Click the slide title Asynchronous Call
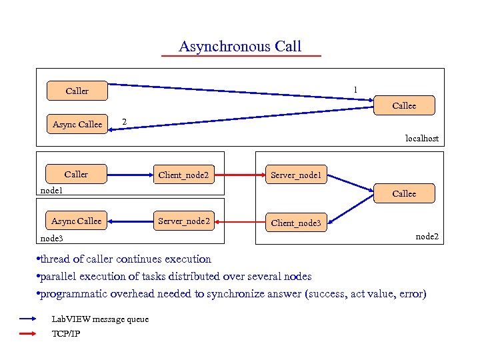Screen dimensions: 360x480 click(x=240, y=47)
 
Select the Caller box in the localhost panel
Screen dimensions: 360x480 click(x=77, y=91)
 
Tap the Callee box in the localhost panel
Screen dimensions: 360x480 click(x=404, y=105)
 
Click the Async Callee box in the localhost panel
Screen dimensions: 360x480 click(x=77, y=124)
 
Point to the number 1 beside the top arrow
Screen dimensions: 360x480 click(x=355, y=89)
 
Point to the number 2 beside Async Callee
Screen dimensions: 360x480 click(x=123, y=121)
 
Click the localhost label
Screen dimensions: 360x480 click(x=422, y=139)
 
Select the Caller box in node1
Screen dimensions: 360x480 click(x=77, y=175)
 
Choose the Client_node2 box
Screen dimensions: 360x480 click(x=183, y=175)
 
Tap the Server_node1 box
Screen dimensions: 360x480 click(x=295, y=175)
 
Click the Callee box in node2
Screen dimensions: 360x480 click(x=404, y=193)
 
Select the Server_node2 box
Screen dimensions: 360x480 click(x=183, y=221)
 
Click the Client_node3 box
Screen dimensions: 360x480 click(x=295, y=223)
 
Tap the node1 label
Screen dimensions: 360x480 click(x=51, y=191)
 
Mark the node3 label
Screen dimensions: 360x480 click(x=51, y=237)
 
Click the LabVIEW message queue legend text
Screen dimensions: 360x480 click(x=100, y=319)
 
